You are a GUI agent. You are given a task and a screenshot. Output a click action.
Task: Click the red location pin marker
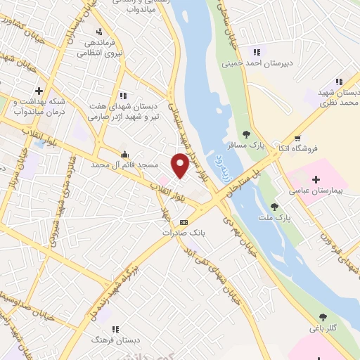[x=181, y=166]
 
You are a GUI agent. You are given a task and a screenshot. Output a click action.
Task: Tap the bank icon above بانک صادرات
[x=184, y=221]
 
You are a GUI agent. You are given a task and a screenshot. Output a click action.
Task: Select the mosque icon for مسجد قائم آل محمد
[x=124, y=155]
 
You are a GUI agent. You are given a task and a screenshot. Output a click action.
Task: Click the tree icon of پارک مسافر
[x=246, y=134]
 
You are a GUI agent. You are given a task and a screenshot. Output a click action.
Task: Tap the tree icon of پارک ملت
[x=274, y=207]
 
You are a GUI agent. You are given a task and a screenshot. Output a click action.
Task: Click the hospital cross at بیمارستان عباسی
[x=316, y=179]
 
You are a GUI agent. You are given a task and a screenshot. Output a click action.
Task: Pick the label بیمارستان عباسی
[x=316, y=191]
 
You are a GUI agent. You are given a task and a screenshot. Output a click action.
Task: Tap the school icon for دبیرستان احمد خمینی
[x=256, y=51]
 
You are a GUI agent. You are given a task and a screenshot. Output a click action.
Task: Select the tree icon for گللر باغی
[x=323, y=317]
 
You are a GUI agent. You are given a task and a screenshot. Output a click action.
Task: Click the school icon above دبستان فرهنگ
[x=115, y=328]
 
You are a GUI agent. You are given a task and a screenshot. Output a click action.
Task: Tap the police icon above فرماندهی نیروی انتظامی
[x=99, y=32]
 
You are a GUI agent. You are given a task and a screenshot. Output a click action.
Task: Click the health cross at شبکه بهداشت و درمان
[x=39, y=91]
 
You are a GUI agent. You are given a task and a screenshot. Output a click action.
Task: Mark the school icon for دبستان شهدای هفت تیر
[x=123, y=95]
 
